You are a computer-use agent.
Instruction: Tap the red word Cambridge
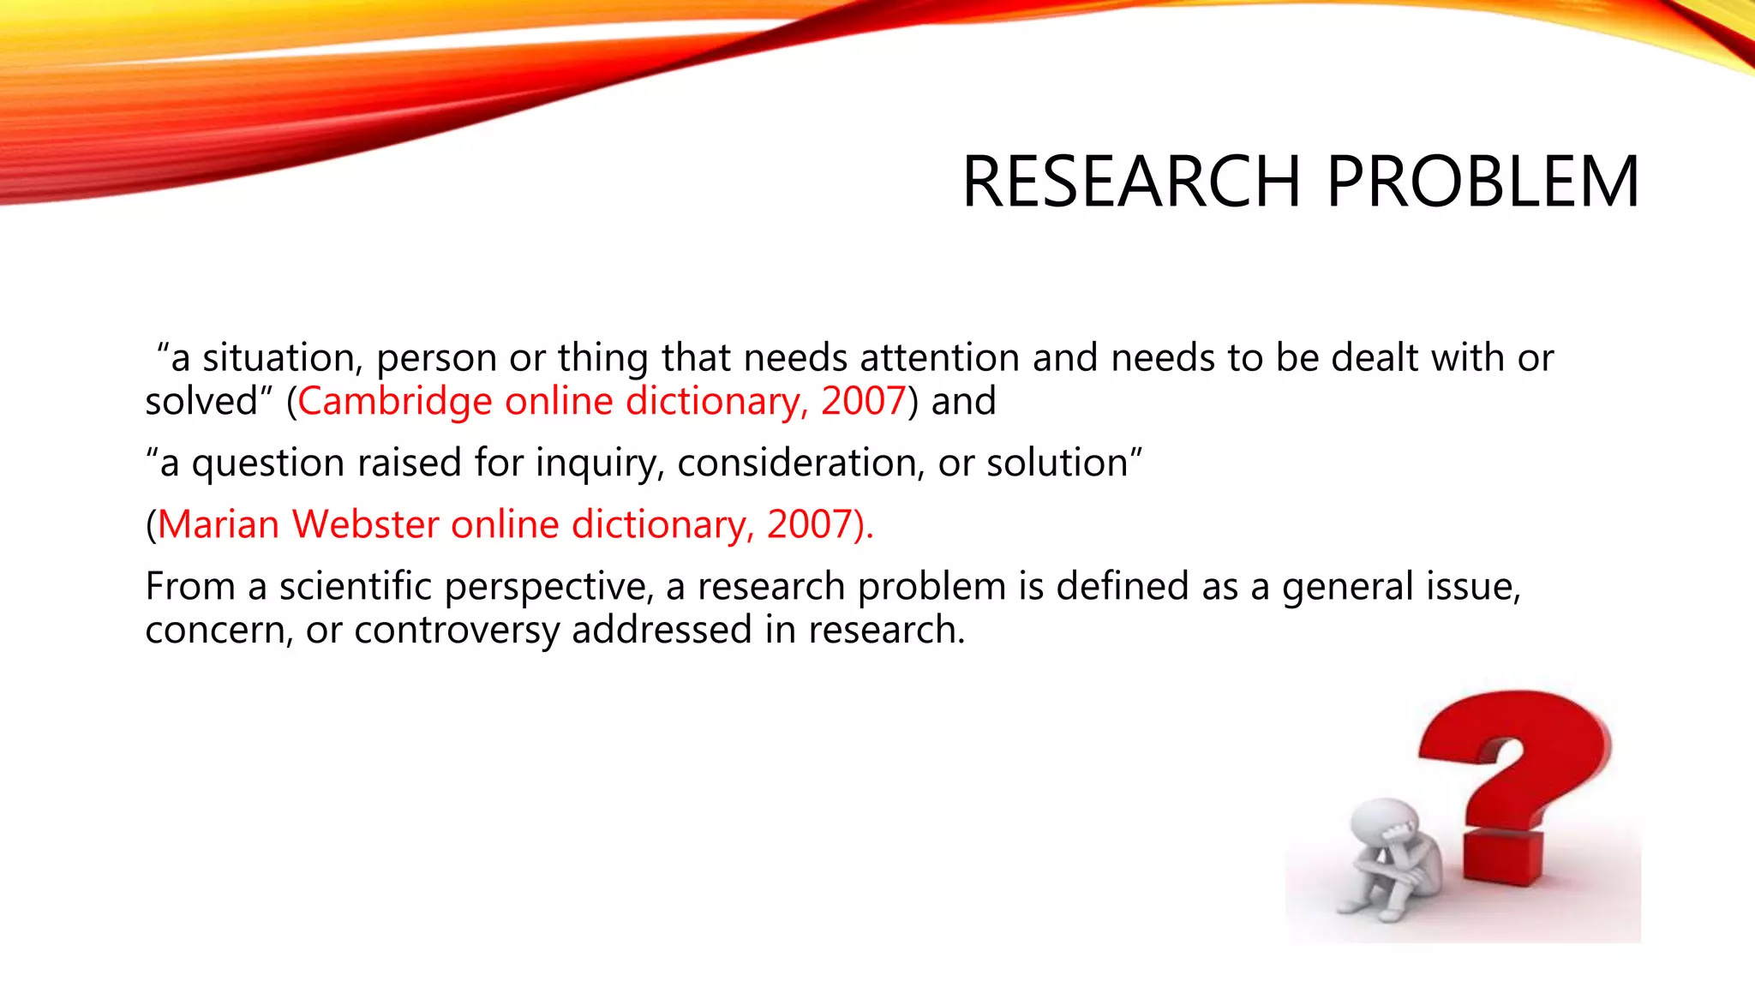pos(394,401)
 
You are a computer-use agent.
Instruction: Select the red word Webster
pos(366,524)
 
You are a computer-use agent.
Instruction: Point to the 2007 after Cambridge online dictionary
pos(863,401)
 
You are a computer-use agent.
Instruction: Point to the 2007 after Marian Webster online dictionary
pos(809,524)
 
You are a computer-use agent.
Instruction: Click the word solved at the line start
pos(201,401)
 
